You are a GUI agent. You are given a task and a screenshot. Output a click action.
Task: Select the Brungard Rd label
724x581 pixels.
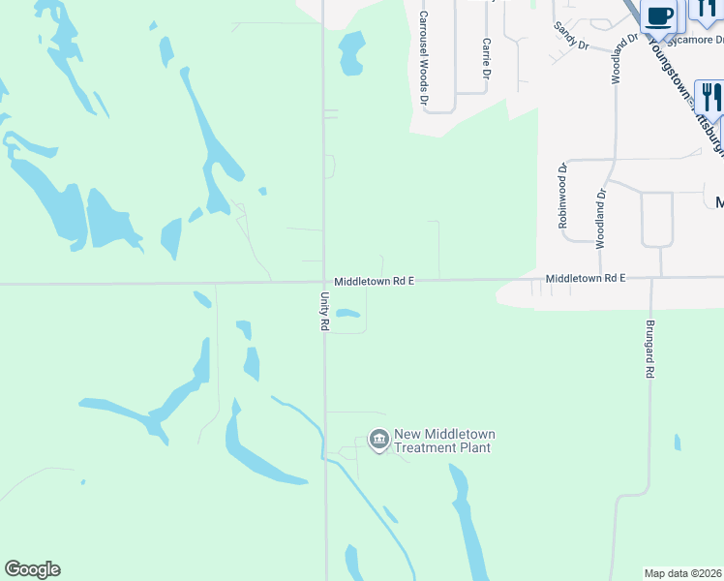point(650,349)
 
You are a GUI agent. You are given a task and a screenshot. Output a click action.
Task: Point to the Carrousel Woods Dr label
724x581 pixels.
point(423,58)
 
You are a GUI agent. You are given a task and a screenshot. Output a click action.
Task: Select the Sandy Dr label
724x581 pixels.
point(571,37)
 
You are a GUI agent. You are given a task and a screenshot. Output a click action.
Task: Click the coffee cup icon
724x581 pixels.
point(659,16)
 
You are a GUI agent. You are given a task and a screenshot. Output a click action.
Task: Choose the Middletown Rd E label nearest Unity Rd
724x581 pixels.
point(375,281)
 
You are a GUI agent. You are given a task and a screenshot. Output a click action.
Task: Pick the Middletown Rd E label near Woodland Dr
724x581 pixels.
point(586,278)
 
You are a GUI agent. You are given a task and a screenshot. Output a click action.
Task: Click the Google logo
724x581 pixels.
point(32,569)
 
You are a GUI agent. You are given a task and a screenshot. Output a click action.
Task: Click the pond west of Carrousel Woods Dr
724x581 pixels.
point(351,53)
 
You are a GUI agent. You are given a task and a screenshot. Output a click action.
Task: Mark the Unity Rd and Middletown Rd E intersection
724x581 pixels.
point(324,283)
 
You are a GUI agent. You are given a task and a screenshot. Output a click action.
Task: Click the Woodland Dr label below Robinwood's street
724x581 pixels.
point(600,218)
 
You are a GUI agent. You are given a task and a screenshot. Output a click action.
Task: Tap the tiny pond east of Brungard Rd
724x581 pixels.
point(678,443)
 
